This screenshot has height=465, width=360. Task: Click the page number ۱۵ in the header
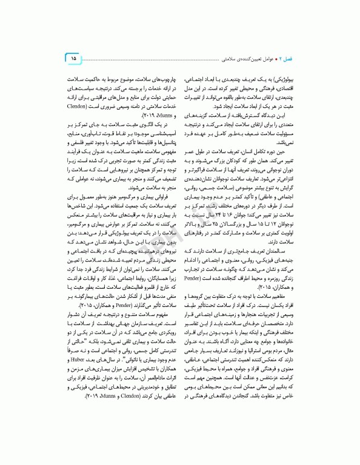[73, 58]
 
